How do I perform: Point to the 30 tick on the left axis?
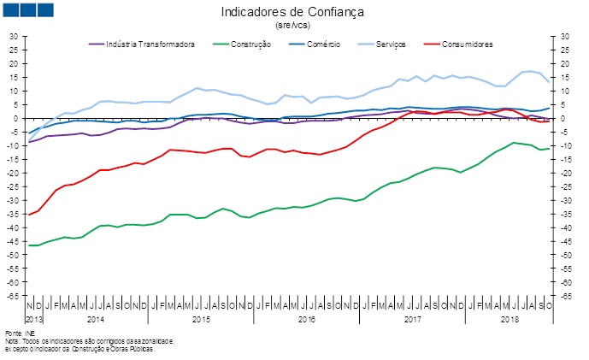[13, 37]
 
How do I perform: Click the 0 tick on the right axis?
[564, 119]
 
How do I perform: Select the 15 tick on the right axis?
[566, 78]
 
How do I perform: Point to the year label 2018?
[510, 318]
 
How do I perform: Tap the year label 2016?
[306, 318]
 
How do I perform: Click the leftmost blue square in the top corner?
[12, 10]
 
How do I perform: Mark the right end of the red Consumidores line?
[548, 121]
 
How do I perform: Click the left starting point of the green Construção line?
[29, 245]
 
